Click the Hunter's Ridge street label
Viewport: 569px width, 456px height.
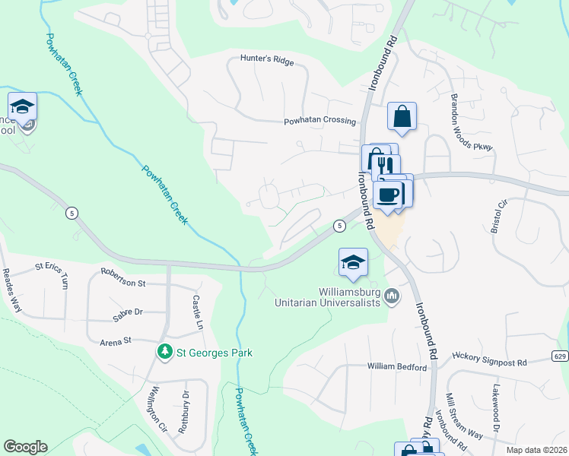point(265,58)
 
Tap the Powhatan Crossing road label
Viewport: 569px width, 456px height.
point(319,121)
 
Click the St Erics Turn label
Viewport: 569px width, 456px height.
point(52,274)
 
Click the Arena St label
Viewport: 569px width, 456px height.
point(116,342)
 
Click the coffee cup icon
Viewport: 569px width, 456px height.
point(388,194)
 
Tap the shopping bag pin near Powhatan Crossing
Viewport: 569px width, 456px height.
point(402,117)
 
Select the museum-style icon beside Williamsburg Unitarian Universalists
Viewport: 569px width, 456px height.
point(393,296)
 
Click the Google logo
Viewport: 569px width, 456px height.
point(25,447)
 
